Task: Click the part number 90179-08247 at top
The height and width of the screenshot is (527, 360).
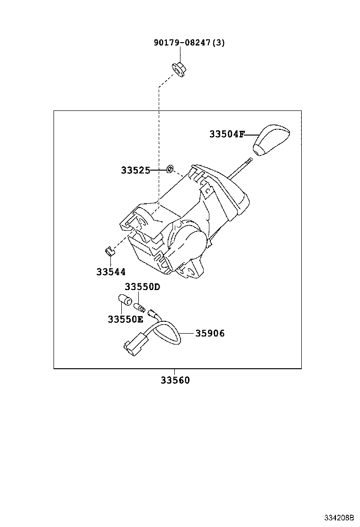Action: point(182,43)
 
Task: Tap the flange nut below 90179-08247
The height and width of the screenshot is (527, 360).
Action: point(179,69)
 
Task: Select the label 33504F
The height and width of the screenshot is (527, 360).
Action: point(226,134)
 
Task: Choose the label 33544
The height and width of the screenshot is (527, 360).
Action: point(111,272)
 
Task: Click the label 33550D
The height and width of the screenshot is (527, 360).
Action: point(143,287)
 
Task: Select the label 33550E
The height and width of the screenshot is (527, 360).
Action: point(125,319)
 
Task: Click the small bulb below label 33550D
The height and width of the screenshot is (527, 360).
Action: point(139,306)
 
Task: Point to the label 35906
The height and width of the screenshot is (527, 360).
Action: point(210,333)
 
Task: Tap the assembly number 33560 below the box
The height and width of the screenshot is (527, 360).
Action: point(174,380)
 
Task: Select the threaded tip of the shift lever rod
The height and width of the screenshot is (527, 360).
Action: point(248,162)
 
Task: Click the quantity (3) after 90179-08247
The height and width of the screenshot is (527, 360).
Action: point(218,43)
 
